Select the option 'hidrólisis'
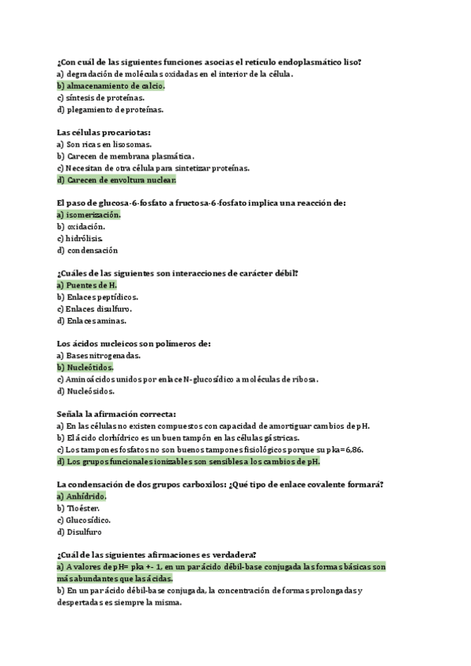point(85,238)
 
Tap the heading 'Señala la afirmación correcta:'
point(117,414)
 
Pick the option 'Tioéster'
point(82,508)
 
